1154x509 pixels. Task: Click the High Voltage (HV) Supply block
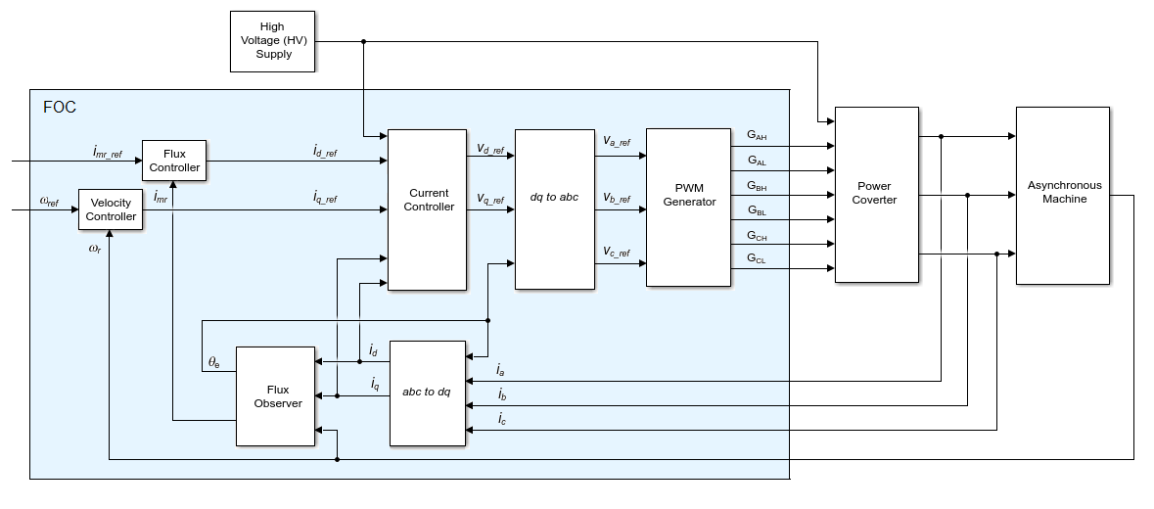(274, 41)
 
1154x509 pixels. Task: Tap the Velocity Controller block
(111, 209)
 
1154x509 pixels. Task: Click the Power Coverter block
(876, 193)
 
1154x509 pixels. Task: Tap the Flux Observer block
(277, 396)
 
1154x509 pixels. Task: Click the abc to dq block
(427, 393)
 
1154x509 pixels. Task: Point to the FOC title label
(60, 107)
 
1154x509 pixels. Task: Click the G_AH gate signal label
(757, 135)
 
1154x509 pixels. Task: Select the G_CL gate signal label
(757, 258)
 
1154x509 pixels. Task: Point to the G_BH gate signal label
(757, 185)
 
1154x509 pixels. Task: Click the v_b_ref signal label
(617, 199)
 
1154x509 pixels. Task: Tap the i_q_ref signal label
(325, 199)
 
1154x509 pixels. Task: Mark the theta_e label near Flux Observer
(214, 362)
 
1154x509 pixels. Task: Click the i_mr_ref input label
(108, 152)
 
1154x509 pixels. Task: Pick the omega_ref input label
(49, 202)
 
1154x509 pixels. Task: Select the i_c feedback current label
(502, 420)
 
